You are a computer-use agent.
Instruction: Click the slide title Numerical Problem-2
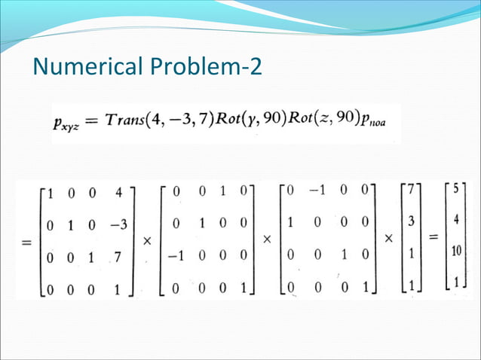pyautogui.click(x=148, y=68)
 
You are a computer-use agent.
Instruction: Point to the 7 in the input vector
pyautogui.click(x=410, y=191)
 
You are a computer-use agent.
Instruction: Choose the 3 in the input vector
pyautogui.click(x=410, y=224)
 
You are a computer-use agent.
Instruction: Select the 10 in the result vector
pyautogui.click(x=455, y=252)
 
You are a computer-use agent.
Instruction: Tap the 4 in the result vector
pyautogui.click(x=456, y=221)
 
